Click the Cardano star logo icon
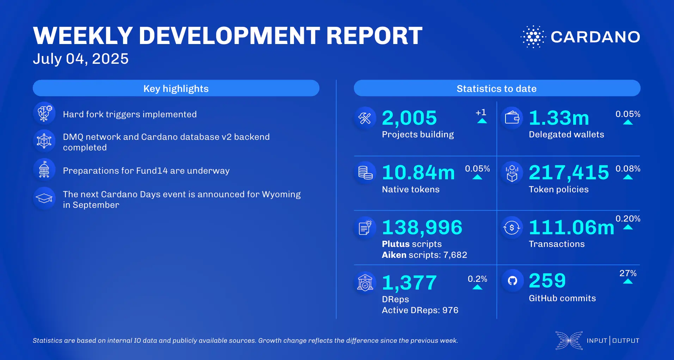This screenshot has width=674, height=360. click(533, 37)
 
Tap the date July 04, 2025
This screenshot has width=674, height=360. click(81, 59)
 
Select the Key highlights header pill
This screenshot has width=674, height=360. click(176, 88)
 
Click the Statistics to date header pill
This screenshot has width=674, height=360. click(497, 88)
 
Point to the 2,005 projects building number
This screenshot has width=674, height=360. click(409, 118)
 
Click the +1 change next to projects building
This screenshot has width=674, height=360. click(481, 113)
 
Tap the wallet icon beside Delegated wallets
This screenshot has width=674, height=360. click(512, 118)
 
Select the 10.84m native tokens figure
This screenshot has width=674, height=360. click(418, 173)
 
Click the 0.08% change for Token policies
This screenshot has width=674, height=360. click(628, 169)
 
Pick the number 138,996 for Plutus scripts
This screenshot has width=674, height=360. click(422, 228)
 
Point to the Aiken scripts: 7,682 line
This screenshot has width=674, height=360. click(424, 255)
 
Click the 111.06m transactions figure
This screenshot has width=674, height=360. click(571, 228)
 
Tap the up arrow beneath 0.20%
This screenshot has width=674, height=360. click(628, 228)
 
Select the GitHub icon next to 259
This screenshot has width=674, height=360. click(512, 281)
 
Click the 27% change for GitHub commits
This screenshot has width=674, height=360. click(628, 273)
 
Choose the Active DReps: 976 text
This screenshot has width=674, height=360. click(420, 310)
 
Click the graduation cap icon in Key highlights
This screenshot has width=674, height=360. click(44, 199)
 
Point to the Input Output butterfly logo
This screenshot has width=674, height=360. click(569, 340)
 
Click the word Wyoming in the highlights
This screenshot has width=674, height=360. click(281, 194)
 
